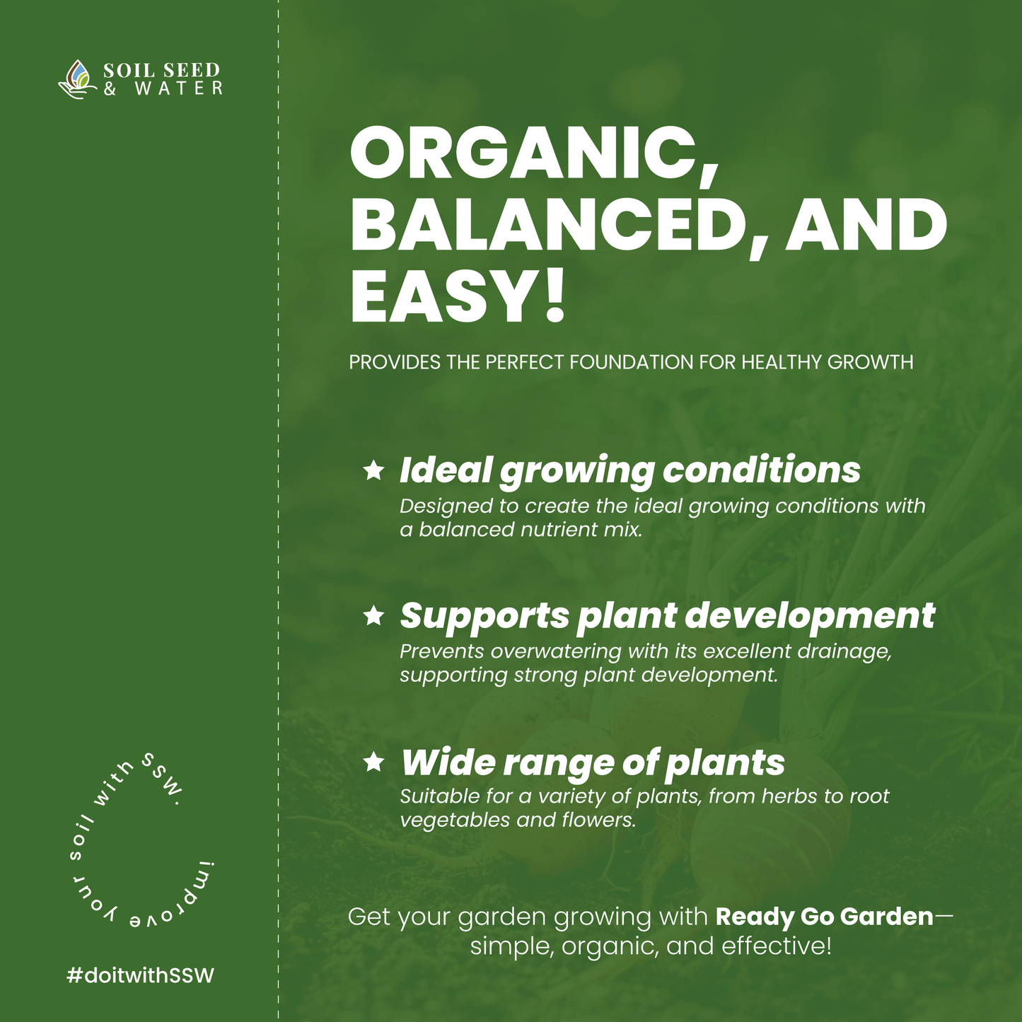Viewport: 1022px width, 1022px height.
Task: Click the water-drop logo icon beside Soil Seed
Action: pos(77,79)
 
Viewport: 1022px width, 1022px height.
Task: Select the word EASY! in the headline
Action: pos(457,296)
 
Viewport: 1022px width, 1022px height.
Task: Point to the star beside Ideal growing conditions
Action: pos(373,470)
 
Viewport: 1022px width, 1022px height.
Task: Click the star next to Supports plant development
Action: pos(373,616)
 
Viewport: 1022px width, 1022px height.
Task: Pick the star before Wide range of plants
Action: pos(373,762)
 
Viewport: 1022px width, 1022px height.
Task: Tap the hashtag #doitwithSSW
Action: pos(141,975)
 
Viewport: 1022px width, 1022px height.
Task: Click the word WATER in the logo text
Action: pos(179,88)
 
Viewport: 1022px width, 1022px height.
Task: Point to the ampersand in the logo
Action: pos(110,88)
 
